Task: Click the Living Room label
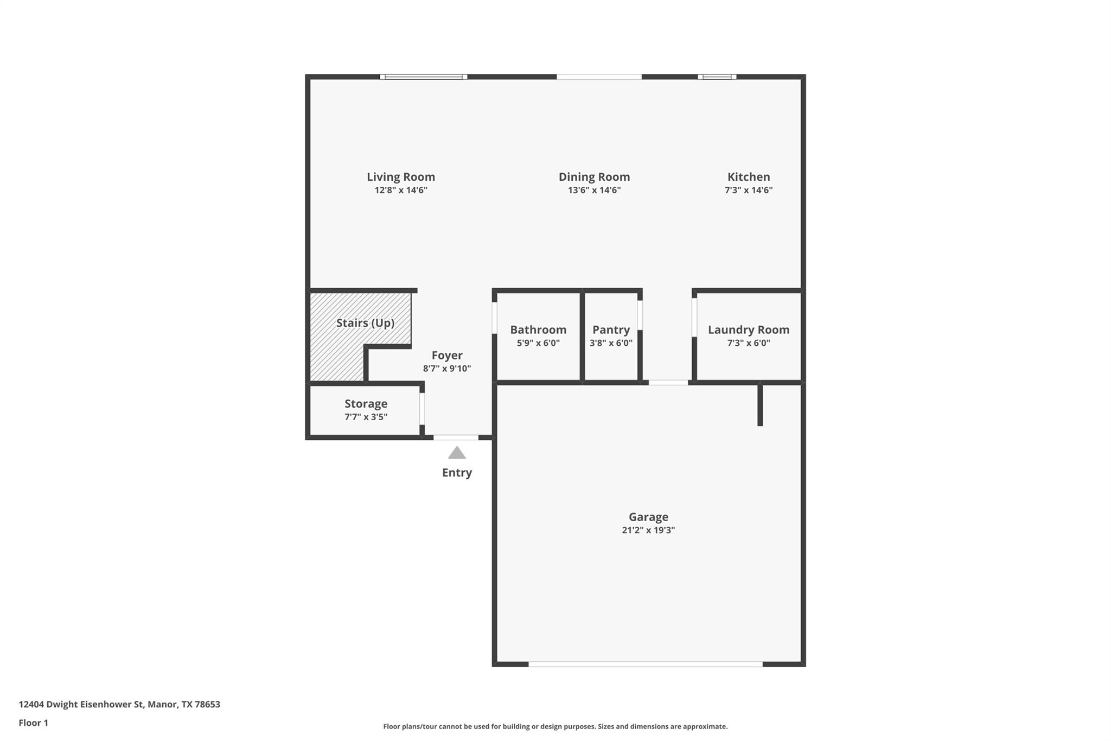coord(400,177)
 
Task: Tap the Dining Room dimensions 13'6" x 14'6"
coord(594,191)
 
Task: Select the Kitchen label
coord(748,177)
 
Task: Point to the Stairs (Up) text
coord(365,323)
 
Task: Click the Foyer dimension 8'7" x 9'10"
coord(446,369)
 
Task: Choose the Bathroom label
coord(538,330)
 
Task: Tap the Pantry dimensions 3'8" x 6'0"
coord(611,343)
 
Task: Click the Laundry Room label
coord(748,330)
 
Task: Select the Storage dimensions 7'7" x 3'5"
coord(366,417)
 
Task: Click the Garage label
coord(648,517)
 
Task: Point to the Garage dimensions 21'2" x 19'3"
coord(648,530)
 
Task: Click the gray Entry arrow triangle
coord(457,453)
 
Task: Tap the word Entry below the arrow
coord(457,473)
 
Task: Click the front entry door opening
coord(456,438)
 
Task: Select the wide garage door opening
coord(646,664)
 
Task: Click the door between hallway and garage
coord(668,383)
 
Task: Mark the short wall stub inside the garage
coord(760,405)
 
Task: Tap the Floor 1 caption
coord(33,723)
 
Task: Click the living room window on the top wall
coord(423,77)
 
